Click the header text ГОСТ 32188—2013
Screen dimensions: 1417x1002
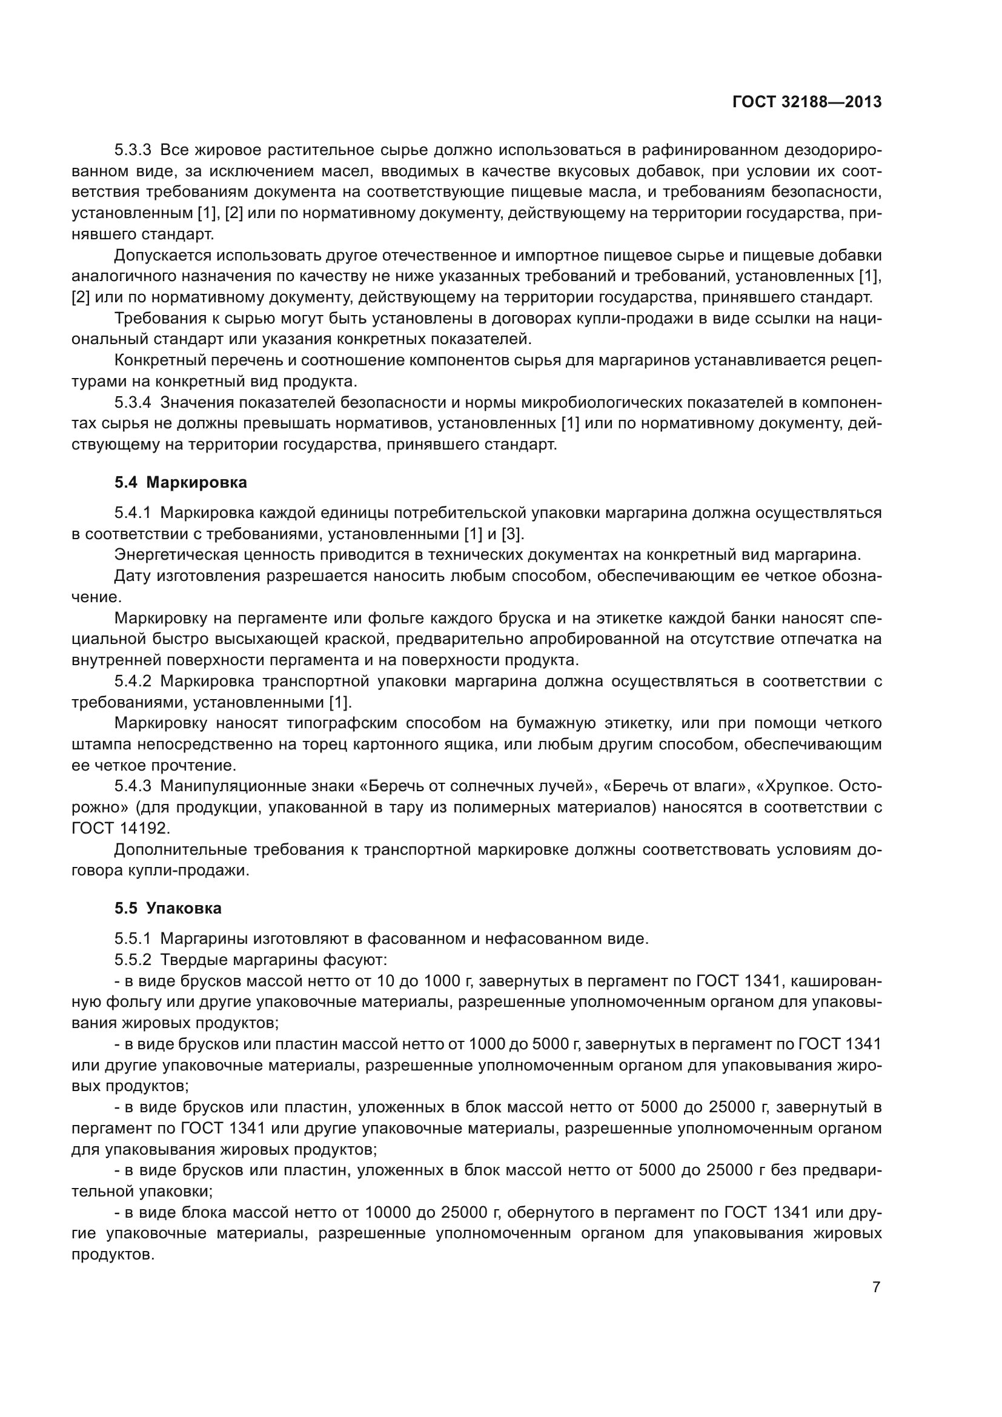pos(806,102)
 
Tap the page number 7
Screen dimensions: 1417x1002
pos(876,1287)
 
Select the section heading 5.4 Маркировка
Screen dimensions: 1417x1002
pos(180,483)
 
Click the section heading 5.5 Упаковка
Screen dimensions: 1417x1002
pos(168,909)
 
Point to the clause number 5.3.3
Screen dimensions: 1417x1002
pos(133,151)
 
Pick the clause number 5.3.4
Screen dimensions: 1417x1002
pos(133,403)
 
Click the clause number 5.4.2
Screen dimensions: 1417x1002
pos(133,682)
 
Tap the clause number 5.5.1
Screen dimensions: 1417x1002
pos(133,938)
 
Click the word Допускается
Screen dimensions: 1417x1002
pos(162,256)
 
